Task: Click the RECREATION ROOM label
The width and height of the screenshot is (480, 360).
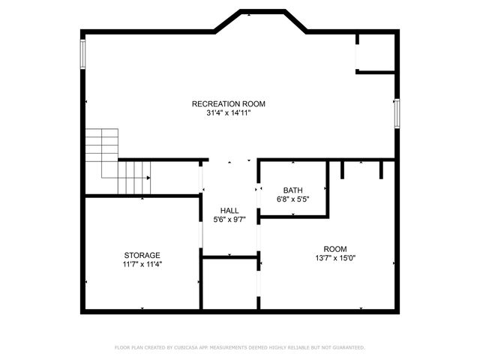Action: [229, 103]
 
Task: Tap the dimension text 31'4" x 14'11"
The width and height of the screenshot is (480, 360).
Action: [229, 113]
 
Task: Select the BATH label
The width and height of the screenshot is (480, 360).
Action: [292, 190]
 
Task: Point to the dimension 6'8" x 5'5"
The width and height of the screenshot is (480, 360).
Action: [292, 199]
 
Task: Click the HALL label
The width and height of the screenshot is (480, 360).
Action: [229, 210]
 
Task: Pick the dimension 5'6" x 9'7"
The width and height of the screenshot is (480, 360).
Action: [229, 219]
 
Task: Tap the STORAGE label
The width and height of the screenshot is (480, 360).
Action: [142, 255]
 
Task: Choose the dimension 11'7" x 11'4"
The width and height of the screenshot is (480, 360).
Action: [142, 264]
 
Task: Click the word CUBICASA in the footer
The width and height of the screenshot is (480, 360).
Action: [188, 347]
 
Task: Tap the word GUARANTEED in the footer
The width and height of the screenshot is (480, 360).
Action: [345, 347]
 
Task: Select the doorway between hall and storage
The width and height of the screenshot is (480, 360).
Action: [202, 225]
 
